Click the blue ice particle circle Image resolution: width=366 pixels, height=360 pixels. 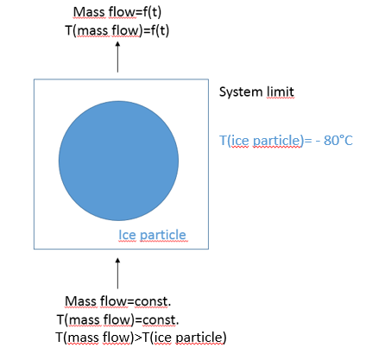click(118, 161)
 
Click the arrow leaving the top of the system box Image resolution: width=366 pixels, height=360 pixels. click(117, 57)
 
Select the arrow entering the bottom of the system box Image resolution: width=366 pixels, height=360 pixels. click(117, 273)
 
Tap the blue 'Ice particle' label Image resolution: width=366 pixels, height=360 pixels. click(152, 235)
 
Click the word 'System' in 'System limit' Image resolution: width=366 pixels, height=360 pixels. click(241, 92)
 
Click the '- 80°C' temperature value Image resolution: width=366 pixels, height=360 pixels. click(334, 141)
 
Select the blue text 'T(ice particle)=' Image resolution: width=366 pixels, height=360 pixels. click(266, 141)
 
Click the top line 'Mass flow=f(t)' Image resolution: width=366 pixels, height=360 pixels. click(117, 12)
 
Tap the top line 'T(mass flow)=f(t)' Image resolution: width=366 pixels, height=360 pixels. click(117, 30)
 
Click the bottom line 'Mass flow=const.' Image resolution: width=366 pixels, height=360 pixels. click(118, 301)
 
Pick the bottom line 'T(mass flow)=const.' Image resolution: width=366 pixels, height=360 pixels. click(118, 319)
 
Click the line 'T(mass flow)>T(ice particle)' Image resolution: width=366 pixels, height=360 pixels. click(141, 338)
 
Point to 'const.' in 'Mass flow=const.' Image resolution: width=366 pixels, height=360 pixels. click(153, 302)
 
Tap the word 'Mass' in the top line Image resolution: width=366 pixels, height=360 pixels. click(89, 12)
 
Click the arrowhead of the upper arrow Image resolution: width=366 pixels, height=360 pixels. click(117, 44)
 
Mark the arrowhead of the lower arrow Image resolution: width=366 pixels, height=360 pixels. click(117, 260)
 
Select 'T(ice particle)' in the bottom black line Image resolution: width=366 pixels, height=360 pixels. click(185, 338)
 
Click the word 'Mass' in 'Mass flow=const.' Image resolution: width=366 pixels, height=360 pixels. click(80, 301)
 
